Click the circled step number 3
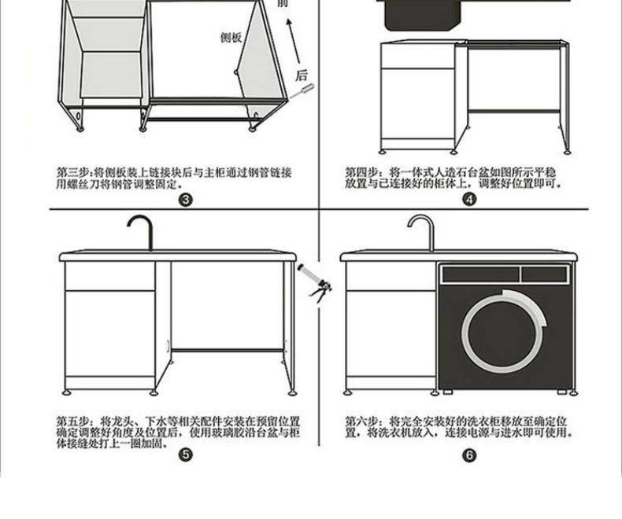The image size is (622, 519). pyautogui.click(x=186, y=200)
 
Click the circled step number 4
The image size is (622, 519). pyautogui.click(x=470, y=200)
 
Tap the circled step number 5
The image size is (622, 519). pyautogui.click(x=186, y=455)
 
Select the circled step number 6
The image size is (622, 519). pyautogui.click(x=470, y=455)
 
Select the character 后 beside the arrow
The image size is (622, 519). pyautogui.click(x=301, y=75)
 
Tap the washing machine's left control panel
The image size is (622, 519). pyautogui.click(x=479, y=274)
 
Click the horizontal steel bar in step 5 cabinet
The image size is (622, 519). pyautogui.click(x=227, y=349)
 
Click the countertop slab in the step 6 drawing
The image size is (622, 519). pyautogui.click(x=458, y=256)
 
